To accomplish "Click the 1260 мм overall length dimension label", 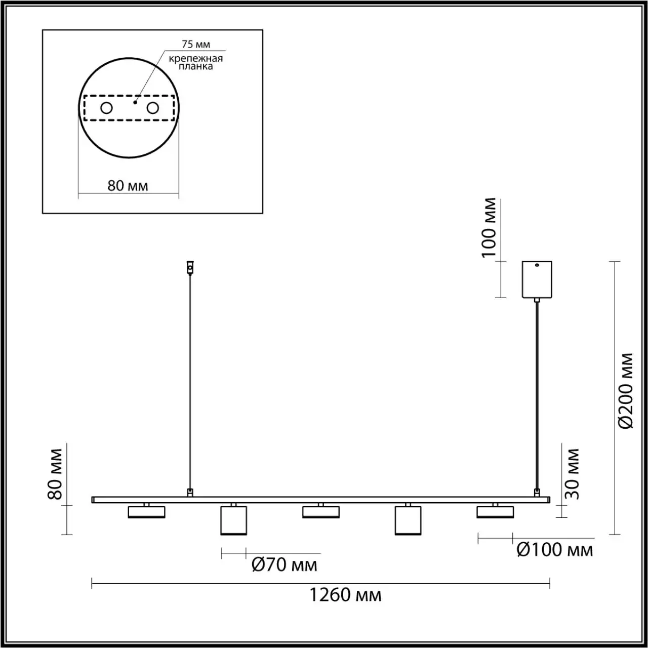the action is coord(345,595).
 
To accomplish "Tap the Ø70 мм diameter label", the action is coord(284,564).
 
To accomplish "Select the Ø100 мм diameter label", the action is coord(555,550).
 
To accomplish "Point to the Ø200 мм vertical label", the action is coord(626,391).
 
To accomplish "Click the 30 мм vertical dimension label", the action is coord(572,474).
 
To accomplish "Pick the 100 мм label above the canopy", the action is coord(489,228).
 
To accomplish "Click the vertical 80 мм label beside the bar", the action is coord(55,474).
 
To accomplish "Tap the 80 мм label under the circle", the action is coord(128,186).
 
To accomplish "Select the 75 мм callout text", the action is coord(196,44).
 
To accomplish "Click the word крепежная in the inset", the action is coord(196,59).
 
